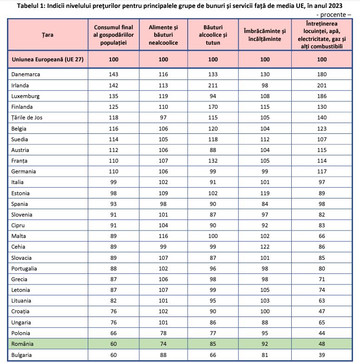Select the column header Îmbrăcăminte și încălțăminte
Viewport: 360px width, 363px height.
(265, 35)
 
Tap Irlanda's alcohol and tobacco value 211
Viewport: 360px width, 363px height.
(213, 86)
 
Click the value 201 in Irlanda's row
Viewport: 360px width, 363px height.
(322, 86)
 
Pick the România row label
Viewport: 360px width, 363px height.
(22, 344)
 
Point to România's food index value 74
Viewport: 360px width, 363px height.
(164, 344)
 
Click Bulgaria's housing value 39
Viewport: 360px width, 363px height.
(322, 355)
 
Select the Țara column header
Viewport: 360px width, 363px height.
(48, 35)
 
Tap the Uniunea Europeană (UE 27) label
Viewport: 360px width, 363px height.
(48, 59)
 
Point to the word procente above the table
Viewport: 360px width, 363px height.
(333, 14)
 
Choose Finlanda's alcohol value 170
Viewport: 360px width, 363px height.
(213, 107)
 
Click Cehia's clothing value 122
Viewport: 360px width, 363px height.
(265, 247)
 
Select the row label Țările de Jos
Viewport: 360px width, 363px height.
(27, 118)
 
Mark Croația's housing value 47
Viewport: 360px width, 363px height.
(322, 311)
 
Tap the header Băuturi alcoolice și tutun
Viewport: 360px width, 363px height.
(213, 35)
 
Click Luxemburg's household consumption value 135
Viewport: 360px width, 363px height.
(113, 96)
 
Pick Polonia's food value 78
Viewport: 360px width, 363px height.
(164, 333)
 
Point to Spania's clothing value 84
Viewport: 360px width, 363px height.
(265, 204)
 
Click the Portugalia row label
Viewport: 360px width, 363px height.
(24, 269)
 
